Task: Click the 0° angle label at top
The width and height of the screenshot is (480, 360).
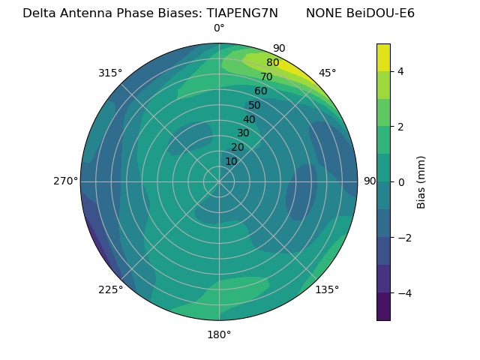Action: point(219,28)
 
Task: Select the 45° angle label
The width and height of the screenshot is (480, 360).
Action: point(327,73)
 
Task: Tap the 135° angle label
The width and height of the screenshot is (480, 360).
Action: point(327,289)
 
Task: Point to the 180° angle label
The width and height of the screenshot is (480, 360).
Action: point(219,334)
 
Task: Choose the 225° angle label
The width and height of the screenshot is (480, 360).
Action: point(110,289)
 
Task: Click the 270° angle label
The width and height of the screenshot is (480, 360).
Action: point(65,181)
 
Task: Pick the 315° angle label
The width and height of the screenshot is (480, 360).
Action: point(110,73)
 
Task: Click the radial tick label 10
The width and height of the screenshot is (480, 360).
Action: point(231,161)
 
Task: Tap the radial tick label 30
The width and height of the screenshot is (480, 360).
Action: point(243,133)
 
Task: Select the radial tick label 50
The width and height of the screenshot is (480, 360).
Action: point(254,105)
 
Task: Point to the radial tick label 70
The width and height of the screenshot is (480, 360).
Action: point(266,76)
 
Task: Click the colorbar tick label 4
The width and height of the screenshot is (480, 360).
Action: point(400,71)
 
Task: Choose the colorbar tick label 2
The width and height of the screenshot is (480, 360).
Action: point(400,127)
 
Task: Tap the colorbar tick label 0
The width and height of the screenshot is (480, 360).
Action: point(400,182)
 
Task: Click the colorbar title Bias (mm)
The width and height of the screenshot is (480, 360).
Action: point(421,182)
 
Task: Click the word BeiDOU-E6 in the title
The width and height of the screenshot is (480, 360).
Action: point(378,13)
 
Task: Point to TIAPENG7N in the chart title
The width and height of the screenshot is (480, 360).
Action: point(241,13)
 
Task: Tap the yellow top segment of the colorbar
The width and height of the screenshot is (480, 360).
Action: point(383,57)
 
